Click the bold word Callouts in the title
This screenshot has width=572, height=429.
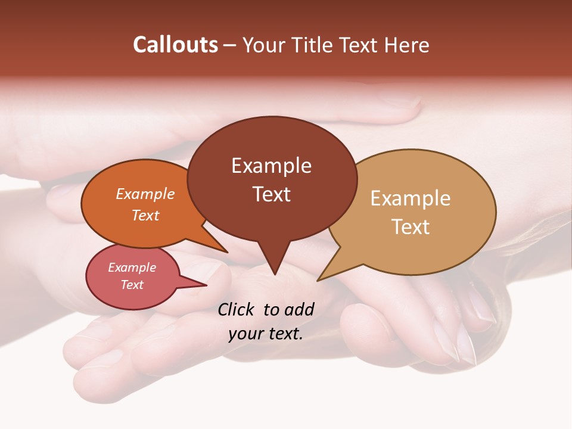(x=175, y=45)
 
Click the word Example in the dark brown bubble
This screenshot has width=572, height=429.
(x=271, y=166)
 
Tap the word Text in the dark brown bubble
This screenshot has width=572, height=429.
(x=271, y=194)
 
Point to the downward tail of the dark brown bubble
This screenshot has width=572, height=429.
(x=273, y=262)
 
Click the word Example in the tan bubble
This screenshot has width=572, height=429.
(x=410, y=198)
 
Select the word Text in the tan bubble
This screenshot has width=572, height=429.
(x=411, y=227)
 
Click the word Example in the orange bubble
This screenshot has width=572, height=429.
(x=145, y=194)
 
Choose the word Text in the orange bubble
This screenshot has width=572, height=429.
(x=145, y=215)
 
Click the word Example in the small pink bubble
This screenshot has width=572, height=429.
(x=132, y=268)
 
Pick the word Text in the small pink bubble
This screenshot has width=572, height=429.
(x=132, y=285)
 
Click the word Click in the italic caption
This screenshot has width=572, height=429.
(x=236, y=309)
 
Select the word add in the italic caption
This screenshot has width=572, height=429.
(x=300, y=309)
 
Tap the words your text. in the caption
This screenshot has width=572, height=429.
(x=266, y=334)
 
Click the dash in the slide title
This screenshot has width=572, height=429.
(x=230, y=45)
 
